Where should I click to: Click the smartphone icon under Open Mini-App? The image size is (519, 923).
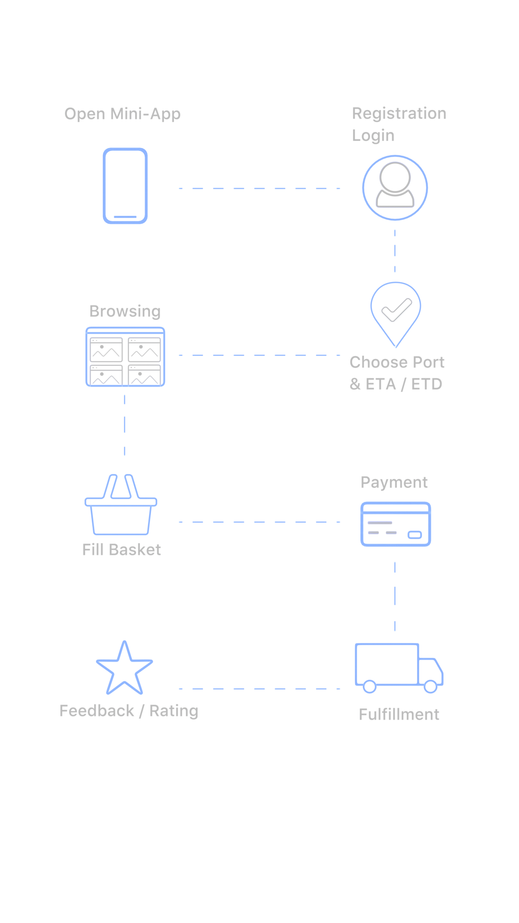point(125,186)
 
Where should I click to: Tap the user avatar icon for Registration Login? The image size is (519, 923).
point(395,187)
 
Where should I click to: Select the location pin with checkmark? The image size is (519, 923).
point(396,313)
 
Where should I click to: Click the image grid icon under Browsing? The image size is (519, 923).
point(125,357)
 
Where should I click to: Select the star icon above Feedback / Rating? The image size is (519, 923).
point(124,669)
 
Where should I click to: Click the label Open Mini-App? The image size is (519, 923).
point(123,114)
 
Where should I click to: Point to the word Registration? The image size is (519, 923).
point(399,113)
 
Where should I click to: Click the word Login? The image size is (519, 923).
point(373,136)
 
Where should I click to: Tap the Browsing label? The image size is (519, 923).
point(125,312)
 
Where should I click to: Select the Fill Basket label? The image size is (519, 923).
point(122,549)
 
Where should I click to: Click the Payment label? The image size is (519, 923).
point(394,482)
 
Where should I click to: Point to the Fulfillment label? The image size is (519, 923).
point(399,714)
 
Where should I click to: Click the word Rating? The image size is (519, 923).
point(173,711)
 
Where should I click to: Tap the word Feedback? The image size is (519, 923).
point(97,711)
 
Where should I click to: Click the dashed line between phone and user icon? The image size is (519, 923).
point(259,188)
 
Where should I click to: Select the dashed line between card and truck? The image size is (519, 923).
point(395,596)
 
